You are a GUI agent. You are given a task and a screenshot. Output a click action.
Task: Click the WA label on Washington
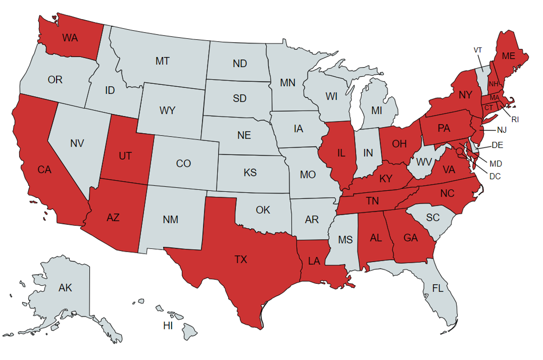click(70, 38)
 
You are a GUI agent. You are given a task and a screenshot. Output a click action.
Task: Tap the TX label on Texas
click(240, 259)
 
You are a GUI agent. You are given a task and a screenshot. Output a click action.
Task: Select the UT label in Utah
click(125, 156)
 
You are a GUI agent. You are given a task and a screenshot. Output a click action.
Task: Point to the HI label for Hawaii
click(168, 326)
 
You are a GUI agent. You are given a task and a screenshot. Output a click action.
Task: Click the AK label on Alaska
click(65, 288)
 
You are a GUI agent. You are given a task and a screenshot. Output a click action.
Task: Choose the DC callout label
click(495, 176)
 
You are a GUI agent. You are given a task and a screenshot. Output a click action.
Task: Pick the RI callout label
click(515, 119)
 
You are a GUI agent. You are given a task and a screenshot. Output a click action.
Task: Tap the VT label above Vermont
click(478, 50)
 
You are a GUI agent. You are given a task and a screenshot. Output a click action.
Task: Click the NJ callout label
click(502, 129)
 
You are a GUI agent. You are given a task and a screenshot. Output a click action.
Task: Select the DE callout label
click(497, 145)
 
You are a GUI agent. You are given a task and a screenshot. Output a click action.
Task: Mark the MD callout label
click(496, 164)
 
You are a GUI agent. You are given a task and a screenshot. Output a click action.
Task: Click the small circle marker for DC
click(459, 151)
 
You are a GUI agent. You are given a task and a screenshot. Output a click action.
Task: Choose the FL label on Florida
click(437, 288)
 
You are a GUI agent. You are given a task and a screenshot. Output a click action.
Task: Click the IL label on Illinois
click(341, 153)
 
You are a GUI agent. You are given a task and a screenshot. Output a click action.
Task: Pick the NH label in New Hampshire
click(494, 85)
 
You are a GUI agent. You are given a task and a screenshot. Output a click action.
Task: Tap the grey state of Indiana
click(368, 153)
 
